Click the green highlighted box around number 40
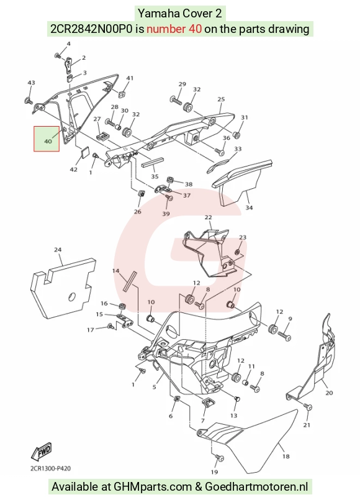click(x=47, y=139)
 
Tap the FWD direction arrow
click(x=42, y=452)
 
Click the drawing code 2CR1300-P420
click(x=51, y=468)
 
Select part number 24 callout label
click(x=58, y=250)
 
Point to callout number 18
click(x=286, y=457)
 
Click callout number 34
click(x=249, y=207)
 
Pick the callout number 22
click(x=208, y=217)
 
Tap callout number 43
click(x=31, y=83)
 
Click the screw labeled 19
click(x=220, y=458)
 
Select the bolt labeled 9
click(x=284, y=335)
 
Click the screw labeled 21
click(x=308, y=407)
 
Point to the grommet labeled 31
click(x=236, y=135)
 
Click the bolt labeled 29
click(x=176, y=100)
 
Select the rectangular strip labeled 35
click(x=152, y=163)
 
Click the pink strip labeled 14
click(x=129, y=281)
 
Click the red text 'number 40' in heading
click(x=174, y=29)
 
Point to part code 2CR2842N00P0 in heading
click(x=91, y=29)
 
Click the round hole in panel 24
click(x=73, y=296)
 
